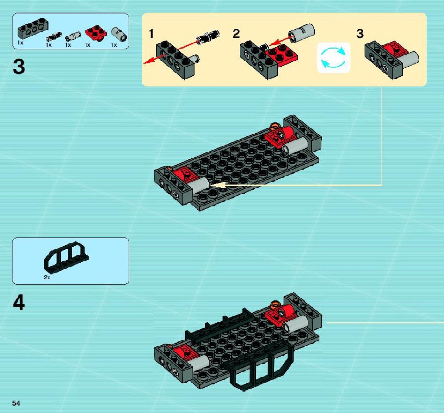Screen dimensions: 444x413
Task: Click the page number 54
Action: pyautogui.click(x=16, y=403)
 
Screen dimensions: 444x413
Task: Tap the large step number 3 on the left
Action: pyautogui.click(x=18, y=67)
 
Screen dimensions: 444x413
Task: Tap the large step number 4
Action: pyautogui.click(x=18, y=303)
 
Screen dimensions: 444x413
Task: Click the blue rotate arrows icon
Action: pyautogui.click(x=333, y=58)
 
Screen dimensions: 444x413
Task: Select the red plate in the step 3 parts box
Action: pyautogui.click(x=96, y=33)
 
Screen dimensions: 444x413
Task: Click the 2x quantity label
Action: pyautogui.click(x=47, y=278)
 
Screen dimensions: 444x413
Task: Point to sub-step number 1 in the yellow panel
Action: pyautogui.click(x=152, y=34)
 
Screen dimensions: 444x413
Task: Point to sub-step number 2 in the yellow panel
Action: pyautogui.click(x=236, y=34)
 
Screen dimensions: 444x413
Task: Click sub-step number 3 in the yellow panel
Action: pyautogui.click(x=360, y=34)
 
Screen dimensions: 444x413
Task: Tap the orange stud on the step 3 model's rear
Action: pyautogui.click(x=275, y=126)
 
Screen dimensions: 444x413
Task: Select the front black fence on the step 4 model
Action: pyautogui.click(x=259, y=365)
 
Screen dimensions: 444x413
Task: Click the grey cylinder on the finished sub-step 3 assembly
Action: pyautogui.click(x=409, y=59)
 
